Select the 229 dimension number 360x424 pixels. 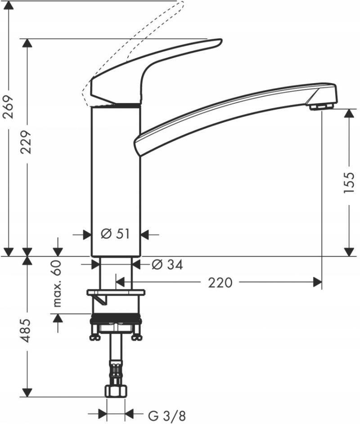[27, 142]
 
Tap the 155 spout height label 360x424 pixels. [349, 182]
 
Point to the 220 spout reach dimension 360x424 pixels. [220, 282]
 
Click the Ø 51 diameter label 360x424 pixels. [115, 234]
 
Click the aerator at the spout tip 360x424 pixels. [322, 106]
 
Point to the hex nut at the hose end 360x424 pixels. [116, 390]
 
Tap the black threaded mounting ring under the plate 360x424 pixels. [116, 320]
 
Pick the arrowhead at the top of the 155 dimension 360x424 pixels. [349, 112]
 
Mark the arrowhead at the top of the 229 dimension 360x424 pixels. [27, 43]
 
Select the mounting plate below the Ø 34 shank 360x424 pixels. [116, 293]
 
